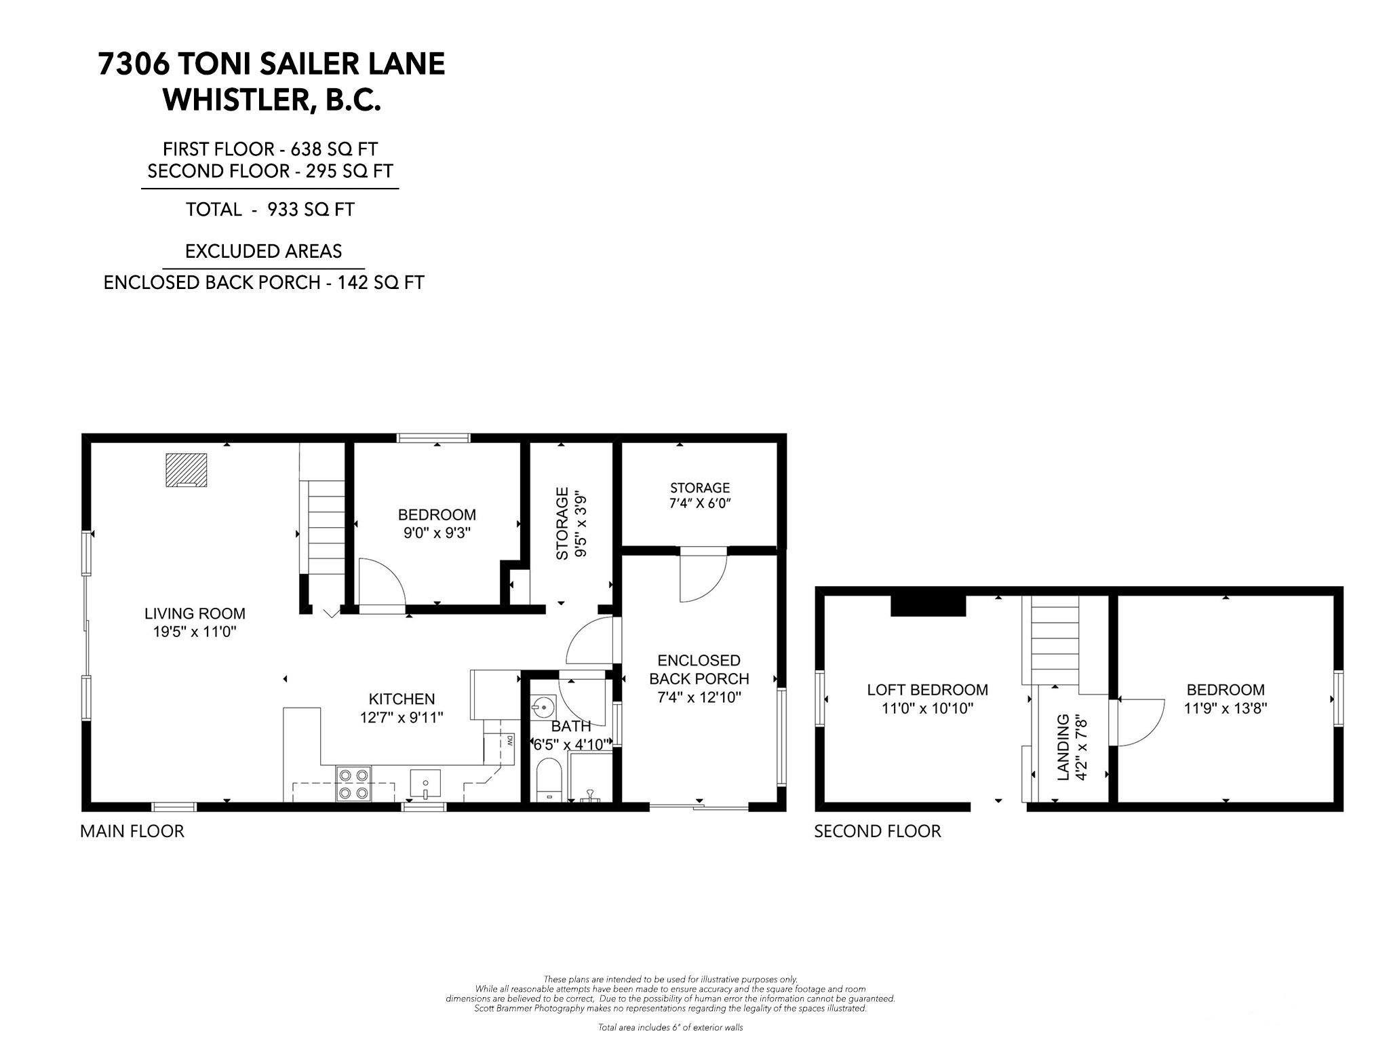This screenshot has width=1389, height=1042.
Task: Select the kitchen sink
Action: [x=425, y=784]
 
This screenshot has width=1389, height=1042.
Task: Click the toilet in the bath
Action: [x=549, y=780]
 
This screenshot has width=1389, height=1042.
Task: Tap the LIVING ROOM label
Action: [x=195, y=614]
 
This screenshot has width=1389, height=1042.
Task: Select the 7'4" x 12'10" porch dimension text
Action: [x=699, y=697]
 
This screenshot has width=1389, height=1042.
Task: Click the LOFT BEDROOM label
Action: [x=927, y=690]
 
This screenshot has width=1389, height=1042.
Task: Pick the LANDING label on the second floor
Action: [x=1063, y=747]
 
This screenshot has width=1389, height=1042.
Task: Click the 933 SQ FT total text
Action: [x=311, y=210]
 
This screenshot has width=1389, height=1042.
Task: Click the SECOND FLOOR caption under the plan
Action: [x=878, y=831]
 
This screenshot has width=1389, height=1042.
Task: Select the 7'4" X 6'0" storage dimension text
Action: [x=700, y=503]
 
